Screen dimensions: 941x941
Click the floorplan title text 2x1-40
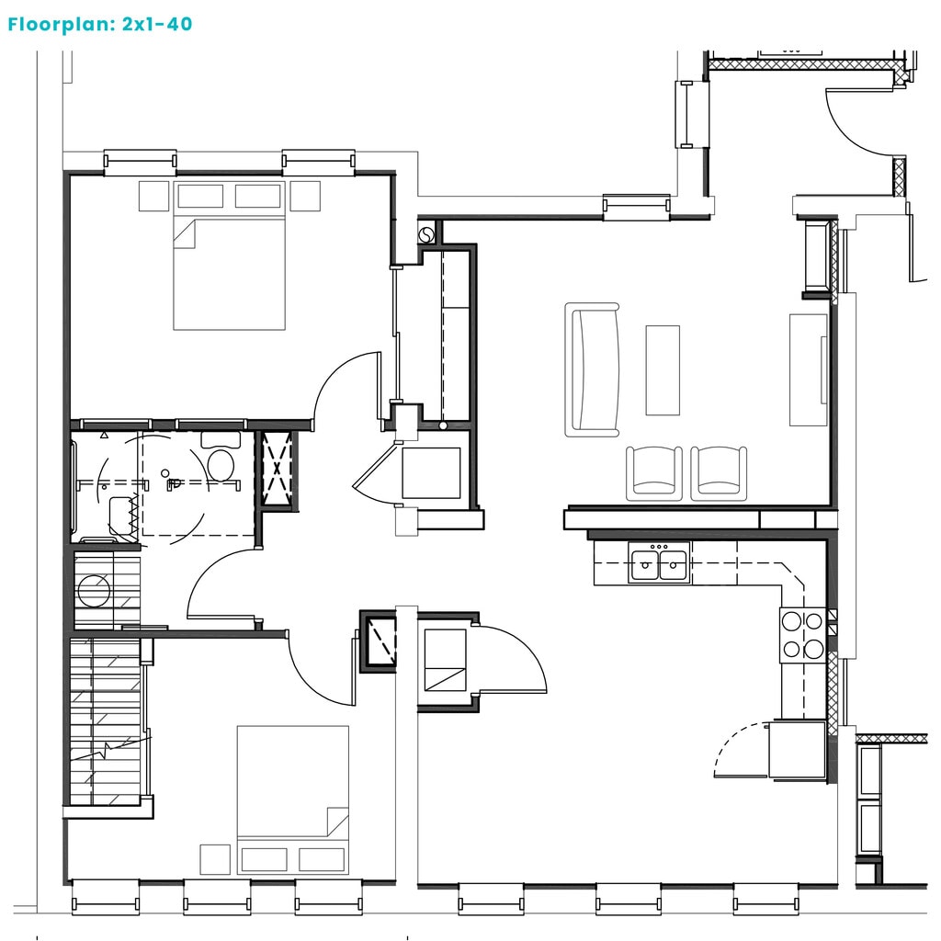157,24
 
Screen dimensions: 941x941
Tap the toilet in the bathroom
221,457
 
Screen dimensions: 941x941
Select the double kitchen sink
659,562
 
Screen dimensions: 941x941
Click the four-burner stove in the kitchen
802,636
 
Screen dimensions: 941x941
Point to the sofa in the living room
592,369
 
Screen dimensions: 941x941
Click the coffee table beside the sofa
663,370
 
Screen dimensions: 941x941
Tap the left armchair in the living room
653,473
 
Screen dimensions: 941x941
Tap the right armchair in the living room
719,473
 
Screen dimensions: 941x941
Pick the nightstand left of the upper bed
153,197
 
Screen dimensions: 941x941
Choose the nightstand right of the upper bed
305,197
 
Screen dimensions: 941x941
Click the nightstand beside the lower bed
215,859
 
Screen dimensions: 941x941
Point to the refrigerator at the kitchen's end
797,750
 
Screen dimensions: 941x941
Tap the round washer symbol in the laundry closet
94,591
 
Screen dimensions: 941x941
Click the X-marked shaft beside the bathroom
278,470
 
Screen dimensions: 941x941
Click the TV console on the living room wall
809,369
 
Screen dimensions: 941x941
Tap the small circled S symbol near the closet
426,234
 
